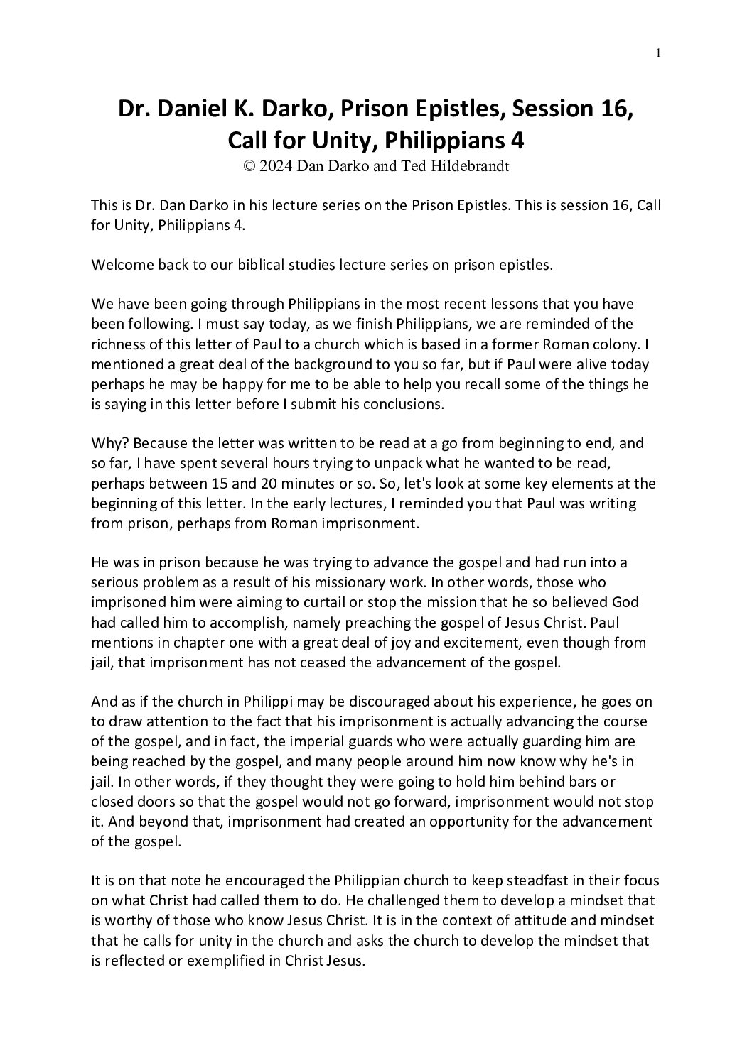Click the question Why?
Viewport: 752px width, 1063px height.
[109, 443]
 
